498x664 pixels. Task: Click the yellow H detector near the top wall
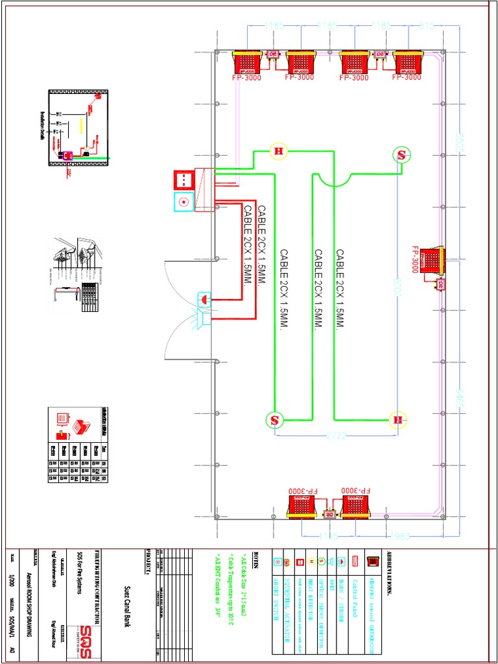coord(279,152)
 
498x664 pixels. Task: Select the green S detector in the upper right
coord(401,155)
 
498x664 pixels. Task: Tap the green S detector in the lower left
coord(275,420)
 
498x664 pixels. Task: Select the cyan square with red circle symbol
coord(184,202)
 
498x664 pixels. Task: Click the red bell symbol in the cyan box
coord(204,300)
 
